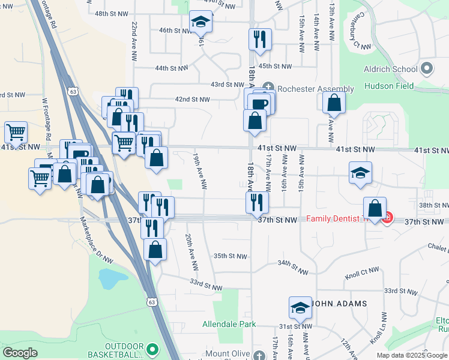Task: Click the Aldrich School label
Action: (390, 69)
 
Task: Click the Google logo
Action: (20, 353)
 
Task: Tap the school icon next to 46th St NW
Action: (200, 23)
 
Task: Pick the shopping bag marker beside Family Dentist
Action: (375, 209)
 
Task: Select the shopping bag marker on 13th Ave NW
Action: (334, 103)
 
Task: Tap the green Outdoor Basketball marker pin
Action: (152, 348)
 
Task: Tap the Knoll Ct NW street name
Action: (362, 277)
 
